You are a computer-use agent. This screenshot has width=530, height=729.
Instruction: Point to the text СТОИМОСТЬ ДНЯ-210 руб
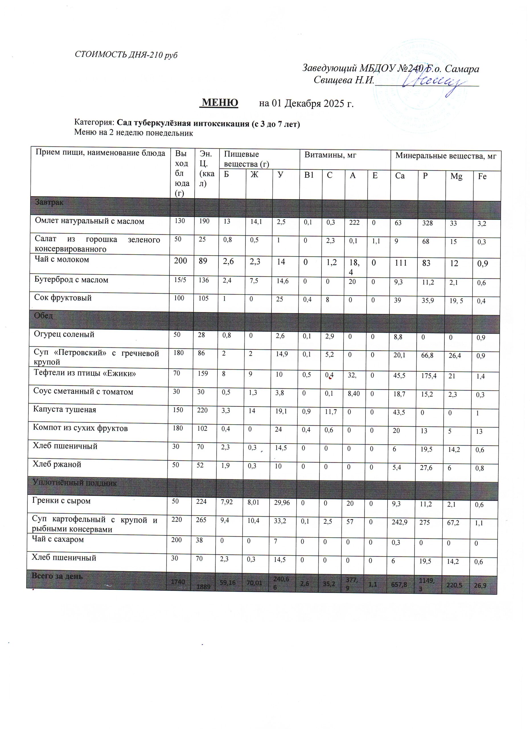[126, 55]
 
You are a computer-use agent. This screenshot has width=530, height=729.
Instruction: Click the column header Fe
[482, 176]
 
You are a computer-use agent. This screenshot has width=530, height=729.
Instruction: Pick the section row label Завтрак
[49, 202]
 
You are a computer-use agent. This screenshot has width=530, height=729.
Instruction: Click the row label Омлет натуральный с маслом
[90, 221]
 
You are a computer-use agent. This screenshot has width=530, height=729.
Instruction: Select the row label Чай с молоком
[62, 259]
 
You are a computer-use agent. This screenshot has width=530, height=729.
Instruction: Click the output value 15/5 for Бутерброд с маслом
[179, 280]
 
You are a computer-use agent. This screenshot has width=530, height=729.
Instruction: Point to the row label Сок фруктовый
[63, 298]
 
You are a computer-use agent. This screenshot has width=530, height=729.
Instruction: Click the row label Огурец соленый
[64, 334]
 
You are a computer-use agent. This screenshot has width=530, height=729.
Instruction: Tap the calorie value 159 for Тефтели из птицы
[203, 374]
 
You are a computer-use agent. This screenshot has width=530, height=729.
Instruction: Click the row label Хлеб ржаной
[57, 464]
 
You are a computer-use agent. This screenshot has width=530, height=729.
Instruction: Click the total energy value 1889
[204, 586]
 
